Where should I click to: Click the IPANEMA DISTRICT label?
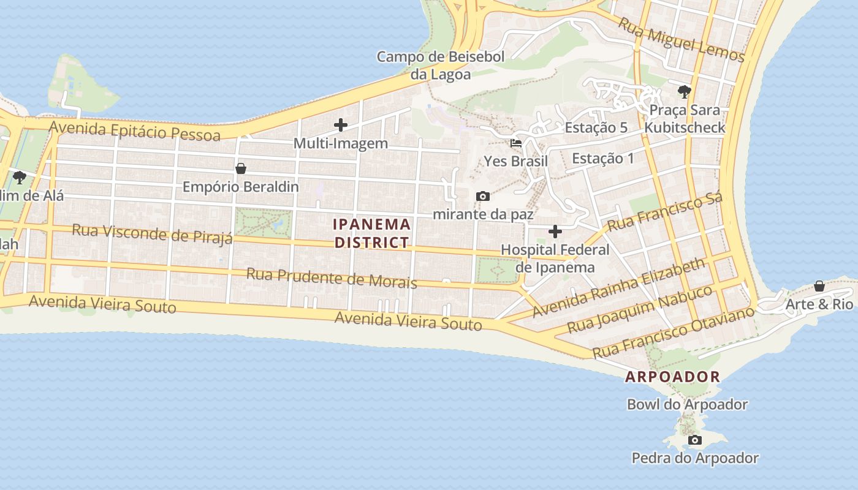372,233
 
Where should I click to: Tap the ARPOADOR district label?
672,377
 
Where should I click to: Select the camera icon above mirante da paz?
483,196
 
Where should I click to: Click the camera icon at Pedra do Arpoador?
694,440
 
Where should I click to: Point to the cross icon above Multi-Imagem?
341,125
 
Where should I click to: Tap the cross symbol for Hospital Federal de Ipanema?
555,232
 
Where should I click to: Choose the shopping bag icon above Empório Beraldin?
241,168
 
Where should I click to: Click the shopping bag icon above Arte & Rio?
819,286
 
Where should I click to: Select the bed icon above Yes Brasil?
516,143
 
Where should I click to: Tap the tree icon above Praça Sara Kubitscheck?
685,92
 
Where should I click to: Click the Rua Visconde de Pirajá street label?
153,233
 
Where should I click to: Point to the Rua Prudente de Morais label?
332,278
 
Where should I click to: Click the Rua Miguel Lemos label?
681,40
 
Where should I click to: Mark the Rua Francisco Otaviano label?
673,333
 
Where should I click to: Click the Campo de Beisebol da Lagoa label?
441,66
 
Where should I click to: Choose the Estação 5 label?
596,127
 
